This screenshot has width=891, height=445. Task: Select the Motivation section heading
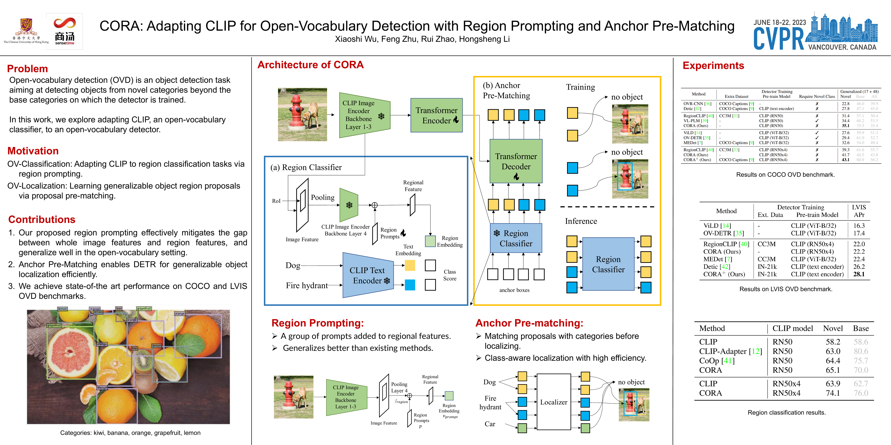(x=33, y=151)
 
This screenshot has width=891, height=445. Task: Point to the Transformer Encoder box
(x=437, y=115)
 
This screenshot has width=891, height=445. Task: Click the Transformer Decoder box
(x=516, y=161)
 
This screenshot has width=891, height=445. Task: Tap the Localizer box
(x=553, y=402)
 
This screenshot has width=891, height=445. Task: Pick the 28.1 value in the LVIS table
(x=859, y=274)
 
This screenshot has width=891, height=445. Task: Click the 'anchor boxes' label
(x=514, y=290)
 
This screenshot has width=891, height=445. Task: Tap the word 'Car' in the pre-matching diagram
(x=490, y=424)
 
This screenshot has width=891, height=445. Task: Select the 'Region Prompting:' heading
(x=317, y=323)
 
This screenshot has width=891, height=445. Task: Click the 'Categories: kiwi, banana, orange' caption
(x=130, y=433)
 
